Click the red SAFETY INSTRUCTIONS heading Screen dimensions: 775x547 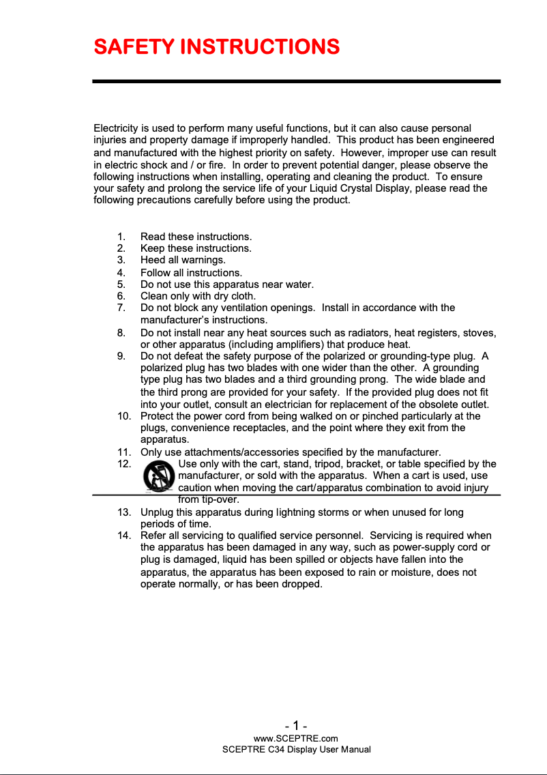216,46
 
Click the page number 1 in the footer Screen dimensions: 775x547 296,725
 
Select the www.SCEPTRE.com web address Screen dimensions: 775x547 295,738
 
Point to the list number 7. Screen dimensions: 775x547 121,308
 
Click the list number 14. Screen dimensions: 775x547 123,536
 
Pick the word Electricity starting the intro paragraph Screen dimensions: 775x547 116,128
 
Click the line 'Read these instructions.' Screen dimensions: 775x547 196,237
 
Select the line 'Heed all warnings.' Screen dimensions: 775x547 183,260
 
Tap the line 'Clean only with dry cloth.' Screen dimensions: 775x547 198,296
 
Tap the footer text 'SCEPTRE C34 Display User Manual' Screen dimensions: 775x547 297,750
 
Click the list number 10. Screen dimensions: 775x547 123,415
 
